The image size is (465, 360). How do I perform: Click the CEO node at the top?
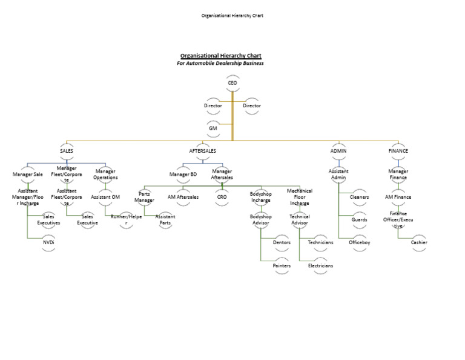[x=232, y=82]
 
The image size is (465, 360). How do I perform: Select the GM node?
[x=213, y=128]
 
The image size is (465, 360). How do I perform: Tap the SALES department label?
[x=67, y=151]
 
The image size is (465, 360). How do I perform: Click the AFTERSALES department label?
[x=203, y=151]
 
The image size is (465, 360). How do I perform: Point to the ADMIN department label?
[x=338, y=151]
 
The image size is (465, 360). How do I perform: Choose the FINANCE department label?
[x=398, y=151]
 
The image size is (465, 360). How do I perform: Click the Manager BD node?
[x=183, y=175]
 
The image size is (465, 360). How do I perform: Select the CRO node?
[x=222, y=197]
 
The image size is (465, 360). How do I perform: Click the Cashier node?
[x=419, y=242]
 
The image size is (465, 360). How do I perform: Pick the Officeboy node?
[x=359, y=242]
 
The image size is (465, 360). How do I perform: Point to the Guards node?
[x=359, y=219]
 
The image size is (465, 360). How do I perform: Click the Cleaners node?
[x=359, y=197]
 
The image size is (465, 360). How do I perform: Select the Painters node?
[x=282, y=265]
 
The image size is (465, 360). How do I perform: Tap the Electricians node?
[x=320, y=265]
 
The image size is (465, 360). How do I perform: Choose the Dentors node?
[x=282, y=242]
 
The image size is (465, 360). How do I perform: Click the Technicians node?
[x=320, y=242]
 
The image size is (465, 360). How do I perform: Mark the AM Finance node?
[x=398, y=197]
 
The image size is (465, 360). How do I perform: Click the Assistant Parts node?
[x=165, y=219]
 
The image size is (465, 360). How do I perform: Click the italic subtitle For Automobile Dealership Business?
[x=220, y=63]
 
